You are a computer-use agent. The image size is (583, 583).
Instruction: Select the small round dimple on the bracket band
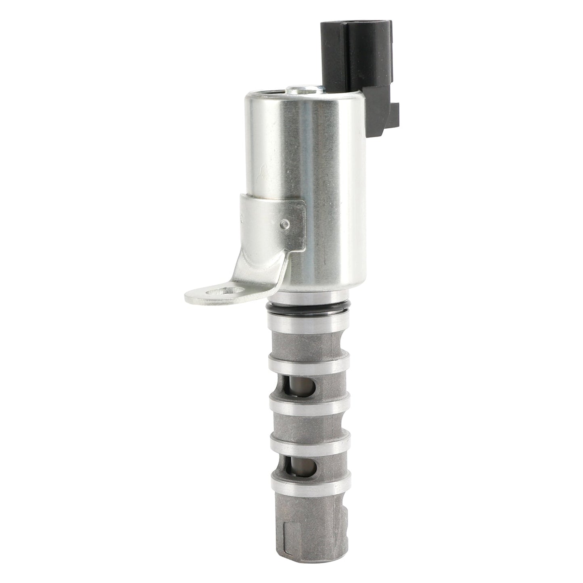point(286,223)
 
